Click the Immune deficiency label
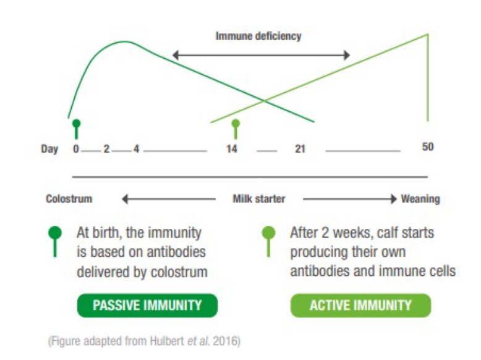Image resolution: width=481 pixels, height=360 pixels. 258,36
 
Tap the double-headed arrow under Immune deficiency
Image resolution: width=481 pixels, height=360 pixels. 261,55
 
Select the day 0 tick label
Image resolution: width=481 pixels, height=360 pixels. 76,149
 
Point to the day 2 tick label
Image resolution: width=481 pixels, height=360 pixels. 106,149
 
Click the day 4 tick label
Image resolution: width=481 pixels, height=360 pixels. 136,149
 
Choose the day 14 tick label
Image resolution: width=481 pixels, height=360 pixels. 232,149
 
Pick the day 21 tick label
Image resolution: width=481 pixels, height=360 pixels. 300,149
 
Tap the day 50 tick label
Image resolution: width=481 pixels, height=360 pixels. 428,147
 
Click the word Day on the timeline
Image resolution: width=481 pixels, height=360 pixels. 49,150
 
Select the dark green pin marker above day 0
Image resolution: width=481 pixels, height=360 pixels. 77,129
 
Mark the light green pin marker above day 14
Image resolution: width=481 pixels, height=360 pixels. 236,129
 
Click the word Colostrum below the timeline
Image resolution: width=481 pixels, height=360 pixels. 69,199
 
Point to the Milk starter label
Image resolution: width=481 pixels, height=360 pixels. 259,199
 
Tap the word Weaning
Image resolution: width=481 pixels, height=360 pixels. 420,199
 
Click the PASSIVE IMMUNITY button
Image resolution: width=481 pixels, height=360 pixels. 147,306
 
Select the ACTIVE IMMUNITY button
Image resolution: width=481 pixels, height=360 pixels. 360,306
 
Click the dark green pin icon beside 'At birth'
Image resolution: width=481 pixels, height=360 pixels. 55,241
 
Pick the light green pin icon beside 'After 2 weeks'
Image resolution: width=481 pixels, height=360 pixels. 268,241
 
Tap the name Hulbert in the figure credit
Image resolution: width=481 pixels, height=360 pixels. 168,341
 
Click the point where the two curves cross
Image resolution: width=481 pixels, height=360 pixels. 264,100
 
